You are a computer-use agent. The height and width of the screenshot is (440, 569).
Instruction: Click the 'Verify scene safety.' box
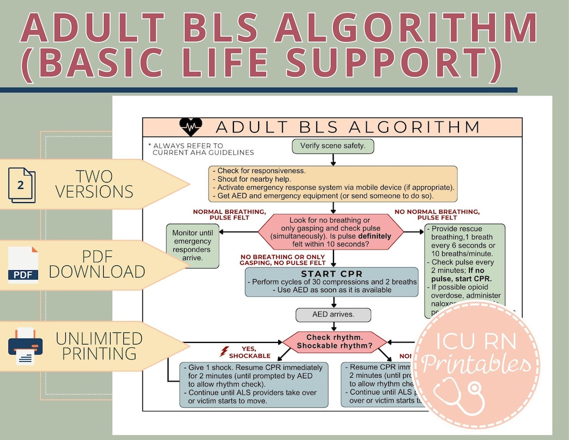333,146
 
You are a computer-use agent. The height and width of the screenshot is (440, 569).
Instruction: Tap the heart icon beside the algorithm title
190,127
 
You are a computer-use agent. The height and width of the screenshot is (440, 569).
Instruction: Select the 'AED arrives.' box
333,315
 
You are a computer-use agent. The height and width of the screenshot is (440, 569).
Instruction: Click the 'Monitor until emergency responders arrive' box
193,246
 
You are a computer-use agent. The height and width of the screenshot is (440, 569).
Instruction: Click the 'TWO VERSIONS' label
94,184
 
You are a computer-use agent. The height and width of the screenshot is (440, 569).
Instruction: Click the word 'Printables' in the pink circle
477,365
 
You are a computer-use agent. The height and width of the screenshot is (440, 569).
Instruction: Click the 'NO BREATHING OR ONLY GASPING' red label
282,259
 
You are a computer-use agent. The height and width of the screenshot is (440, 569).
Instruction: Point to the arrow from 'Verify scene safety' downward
333,160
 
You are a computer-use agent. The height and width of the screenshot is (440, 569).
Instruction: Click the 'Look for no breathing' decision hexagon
330,232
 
